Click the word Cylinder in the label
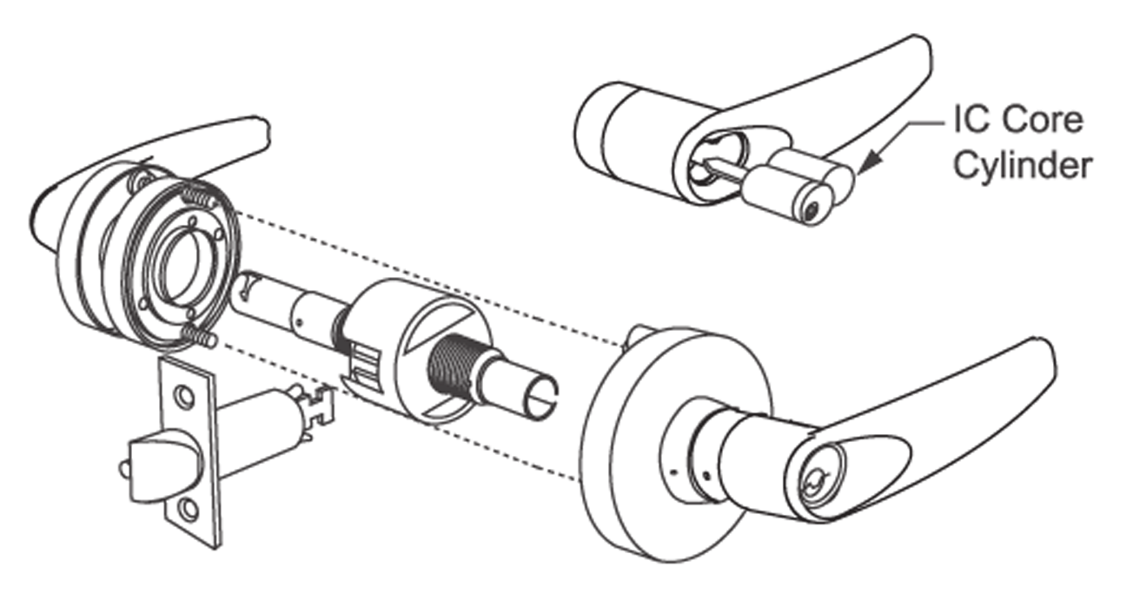pos(1023,165)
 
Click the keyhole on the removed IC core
pos(812,209)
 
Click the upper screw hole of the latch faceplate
pos(183,396)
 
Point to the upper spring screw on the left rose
pos(198,196)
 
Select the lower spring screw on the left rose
pos(199,336)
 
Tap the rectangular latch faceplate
pos(189,452)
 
